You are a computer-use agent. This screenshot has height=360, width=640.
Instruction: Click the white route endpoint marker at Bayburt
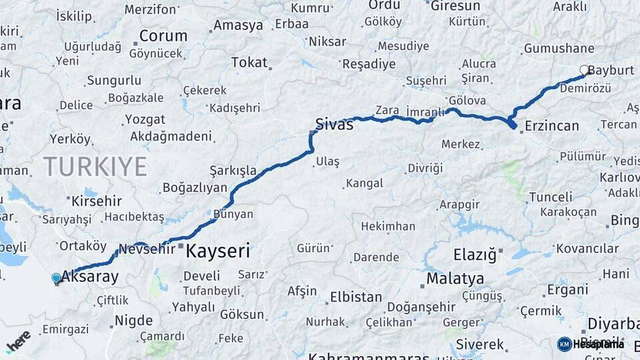click(x=585, y=70)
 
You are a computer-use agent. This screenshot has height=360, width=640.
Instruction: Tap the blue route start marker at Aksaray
click(x=56, y=278)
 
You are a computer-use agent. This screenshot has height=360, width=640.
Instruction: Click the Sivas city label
click(x=334, y=124)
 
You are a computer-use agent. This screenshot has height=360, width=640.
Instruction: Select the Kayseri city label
click(x=218, y=251)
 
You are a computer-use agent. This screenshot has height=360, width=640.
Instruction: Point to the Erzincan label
click(x=552, y=125)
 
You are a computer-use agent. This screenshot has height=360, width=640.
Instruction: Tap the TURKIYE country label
click(x=95, y=166)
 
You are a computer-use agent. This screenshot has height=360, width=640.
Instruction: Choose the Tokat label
click(x=249, y=63)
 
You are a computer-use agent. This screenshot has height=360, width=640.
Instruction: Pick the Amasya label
click(x=237, y=26)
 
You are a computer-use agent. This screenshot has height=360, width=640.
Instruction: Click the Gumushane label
click(x=559, y=49)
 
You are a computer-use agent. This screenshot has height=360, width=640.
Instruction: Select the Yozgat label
click(x=144, y=120)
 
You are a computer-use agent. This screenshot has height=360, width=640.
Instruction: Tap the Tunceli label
click(x=550, y=197)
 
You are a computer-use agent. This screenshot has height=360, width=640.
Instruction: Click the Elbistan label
click(x=356, y=297)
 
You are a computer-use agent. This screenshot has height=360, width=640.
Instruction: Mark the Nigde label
click(x=133, y=321)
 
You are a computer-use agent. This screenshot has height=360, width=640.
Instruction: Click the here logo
click(x=18, y=341)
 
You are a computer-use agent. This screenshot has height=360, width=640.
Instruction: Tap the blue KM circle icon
click(x=564, y=344)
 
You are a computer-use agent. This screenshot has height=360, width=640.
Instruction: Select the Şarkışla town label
click(x=233, y=171)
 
